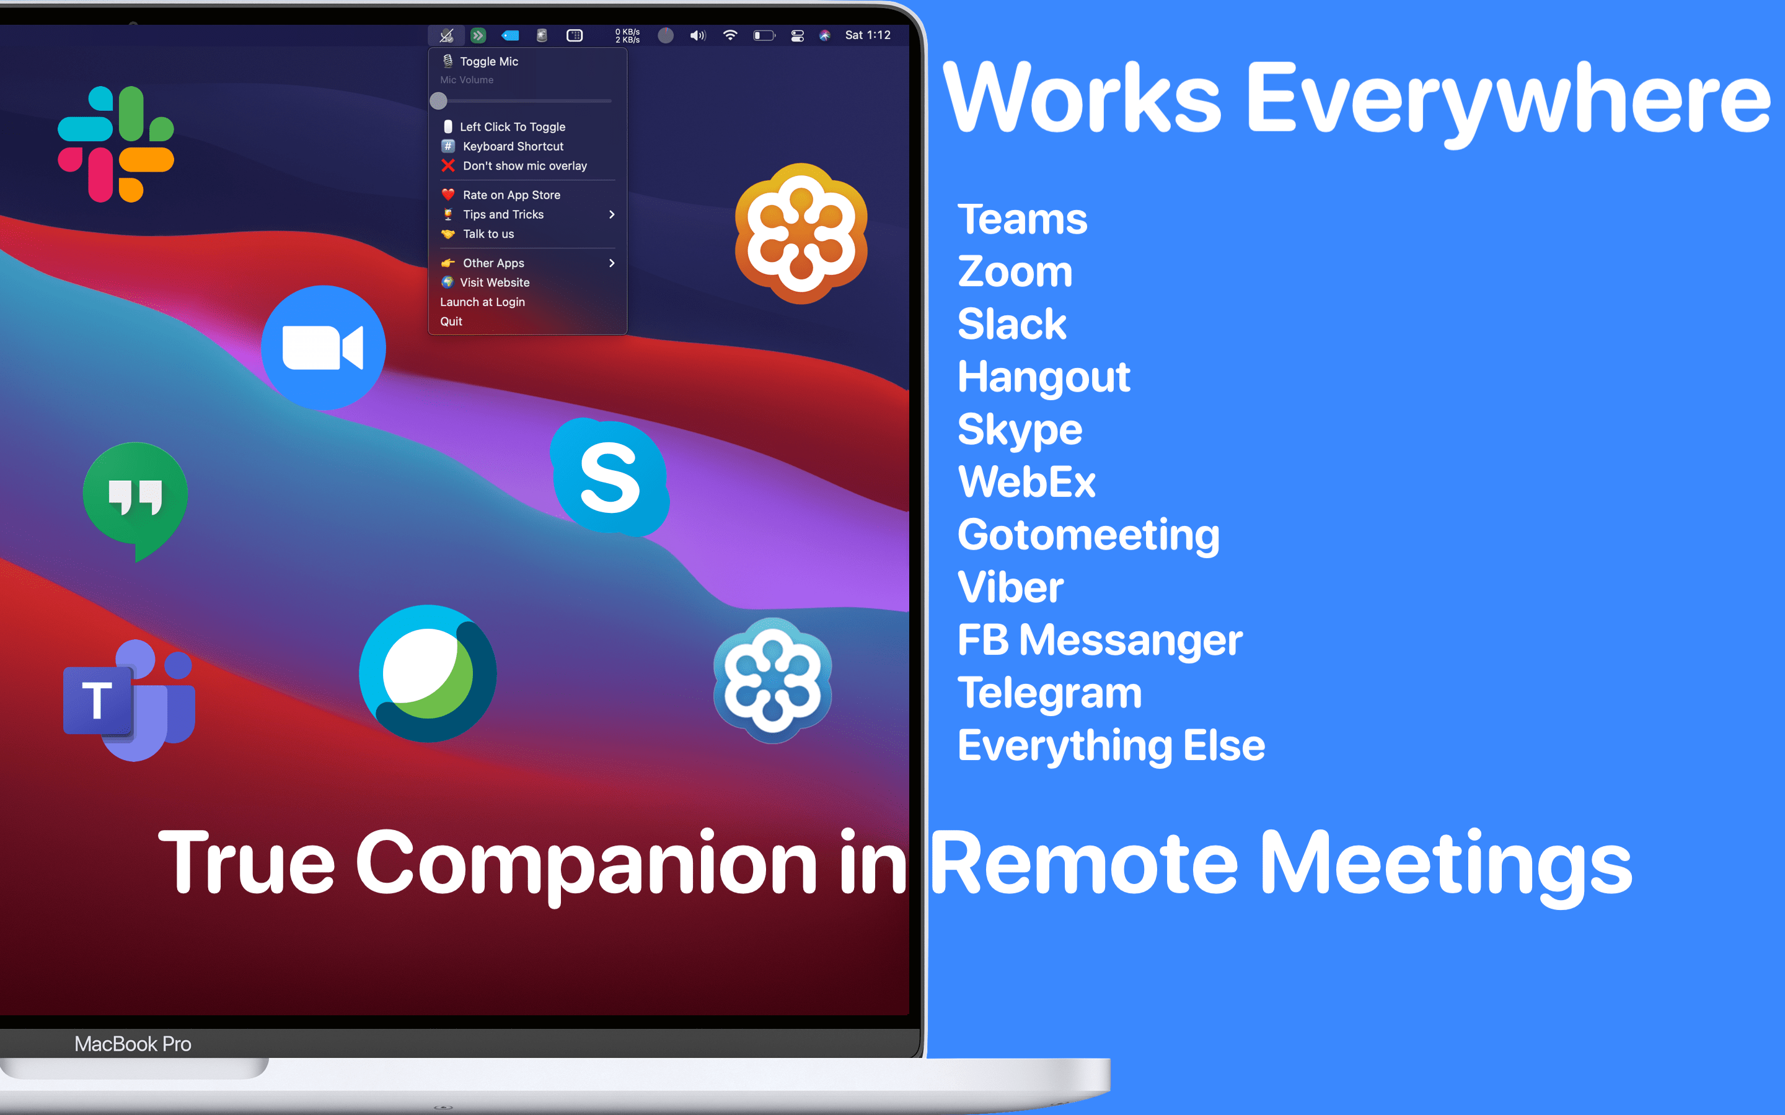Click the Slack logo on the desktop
[x=116, y=144]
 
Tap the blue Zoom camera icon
[x=323, y=348]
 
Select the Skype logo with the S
[x=610, y=477]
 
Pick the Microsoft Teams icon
[x=130, y=700]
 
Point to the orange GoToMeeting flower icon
[x=801, y=233]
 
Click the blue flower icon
[x=772, y=681]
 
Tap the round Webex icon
[x=428, y=673]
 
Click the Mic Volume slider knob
[x=439, y=100]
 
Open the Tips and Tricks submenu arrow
[x=612, y=214]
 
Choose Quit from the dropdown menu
[x=451, y=321]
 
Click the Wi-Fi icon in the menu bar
[x=730, y=35]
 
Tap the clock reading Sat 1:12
[x=868, y=35]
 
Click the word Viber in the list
[x=1010, y=587]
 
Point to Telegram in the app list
[x=1049, y=693]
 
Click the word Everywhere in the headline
[x=1508, y=100]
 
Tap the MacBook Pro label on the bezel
[x=133, y=1044]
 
